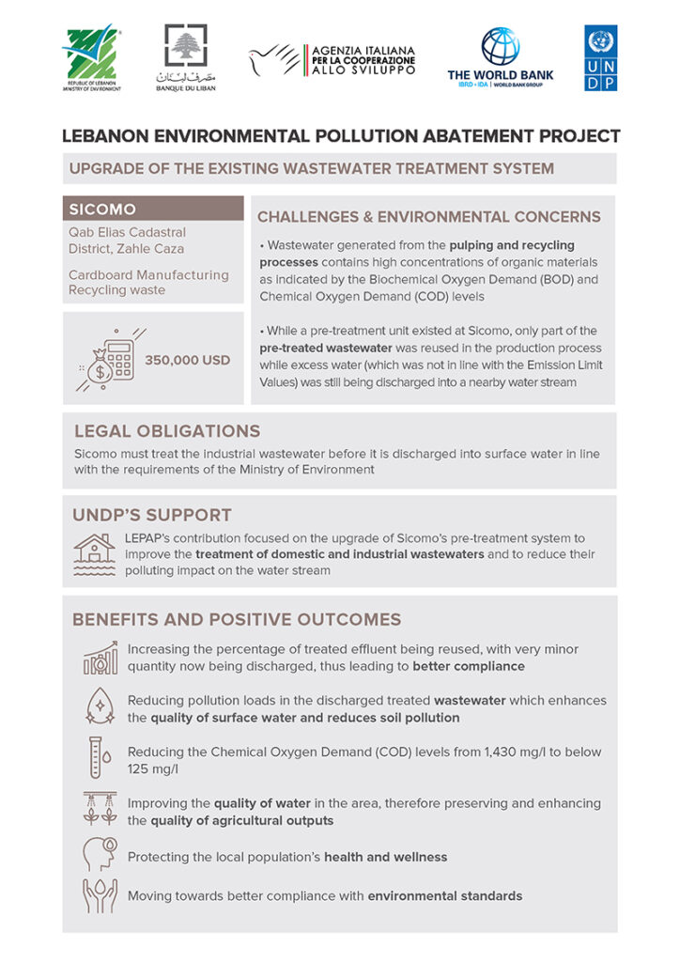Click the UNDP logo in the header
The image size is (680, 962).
point(601,57)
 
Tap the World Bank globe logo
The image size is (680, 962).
point(500,46)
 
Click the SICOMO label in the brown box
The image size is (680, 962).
point(102,209)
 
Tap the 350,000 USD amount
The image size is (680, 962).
point(188,360)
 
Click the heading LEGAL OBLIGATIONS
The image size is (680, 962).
point(167,431)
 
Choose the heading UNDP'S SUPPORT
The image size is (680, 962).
point(152,515)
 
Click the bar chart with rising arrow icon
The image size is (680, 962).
point(100,658)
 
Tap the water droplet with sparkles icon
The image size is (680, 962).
point(100,708)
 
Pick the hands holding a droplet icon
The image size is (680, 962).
point(100,895)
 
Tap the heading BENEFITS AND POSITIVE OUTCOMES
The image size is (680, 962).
point(237,620)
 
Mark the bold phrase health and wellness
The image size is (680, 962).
point(385,857)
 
